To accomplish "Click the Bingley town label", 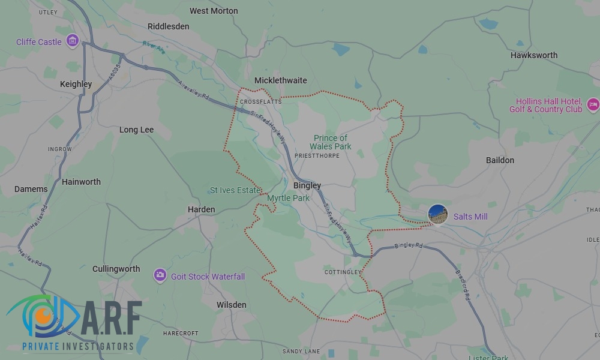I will coord(307,185).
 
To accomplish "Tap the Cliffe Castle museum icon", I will coord(73,41).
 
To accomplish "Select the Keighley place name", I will coord(76,84).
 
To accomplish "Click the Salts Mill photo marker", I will coord(438,215).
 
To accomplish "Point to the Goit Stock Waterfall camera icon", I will coord(160,275).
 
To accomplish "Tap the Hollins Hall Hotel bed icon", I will coord(593,105).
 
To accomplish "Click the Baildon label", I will coord(500,160).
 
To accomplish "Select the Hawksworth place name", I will coord(534,55).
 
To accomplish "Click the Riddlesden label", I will coord(169,26).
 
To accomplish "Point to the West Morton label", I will coord(214,11).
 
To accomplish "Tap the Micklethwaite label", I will coord(281,80).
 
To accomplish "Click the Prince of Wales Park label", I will coord(331,142).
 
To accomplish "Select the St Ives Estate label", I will coord(235,190).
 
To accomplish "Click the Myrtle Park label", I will coord(289,198).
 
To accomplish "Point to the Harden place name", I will coord(202,209).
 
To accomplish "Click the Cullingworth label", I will coord(116,269).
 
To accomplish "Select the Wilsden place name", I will coord(232,305).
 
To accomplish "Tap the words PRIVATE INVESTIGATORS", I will coord(77,346).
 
